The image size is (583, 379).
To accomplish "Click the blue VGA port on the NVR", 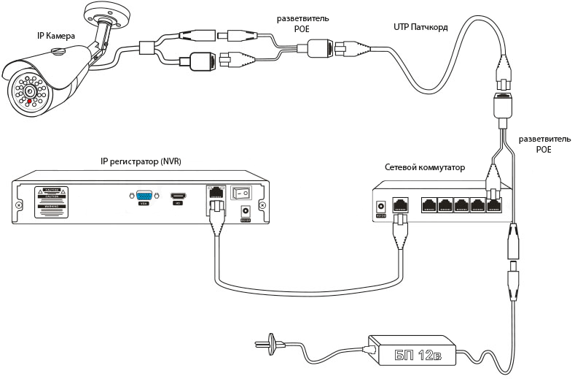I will coord(144,196).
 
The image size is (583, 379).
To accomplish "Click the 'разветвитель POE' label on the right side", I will coord(539,143).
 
